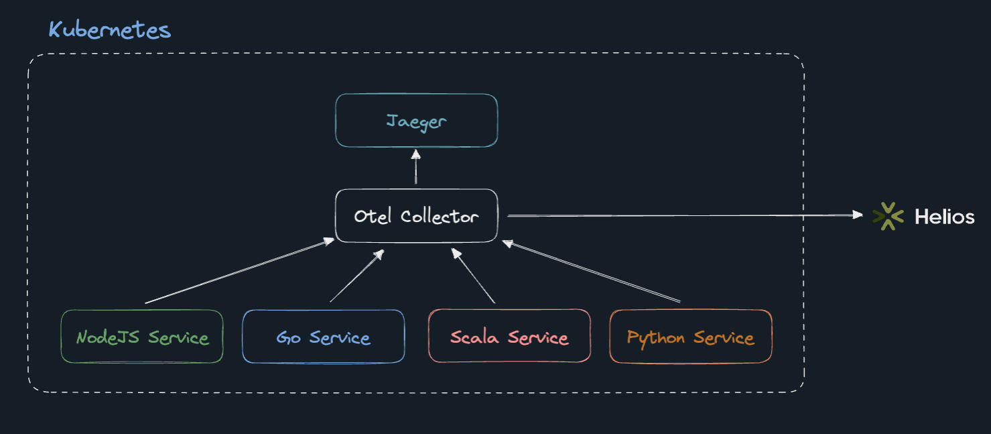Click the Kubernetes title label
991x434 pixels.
109,30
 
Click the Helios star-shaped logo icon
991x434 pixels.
888,216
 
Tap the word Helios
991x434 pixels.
945,217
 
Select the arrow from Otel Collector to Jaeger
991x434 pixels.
416,166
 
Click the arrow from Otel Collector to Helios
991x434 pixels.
685,215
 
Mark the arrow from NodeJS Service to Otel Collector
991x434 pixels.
240,270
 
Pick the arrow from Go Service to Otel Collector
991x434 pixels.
357,276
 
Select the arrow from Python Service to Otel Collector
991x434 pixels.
591,271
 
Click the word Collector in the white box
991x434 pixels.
440,217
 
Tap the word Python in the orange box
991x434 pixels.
656,338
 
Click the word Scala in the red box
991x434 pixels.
474,337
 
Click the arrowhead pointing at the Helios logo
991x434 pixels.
858,215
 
